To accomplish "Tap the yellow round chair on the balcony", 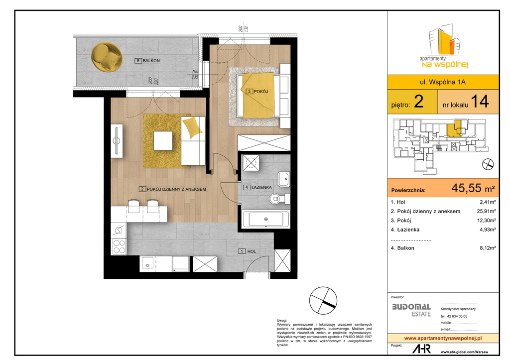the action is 107,57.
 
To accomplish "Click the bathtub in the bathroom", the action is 266,219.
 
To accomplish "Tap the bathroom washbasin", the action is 284,179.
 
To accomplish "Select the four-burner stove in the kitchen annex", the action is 119,246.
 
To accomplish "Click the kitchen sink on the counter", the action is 148,264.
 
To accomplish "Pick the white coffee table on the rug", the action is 163,140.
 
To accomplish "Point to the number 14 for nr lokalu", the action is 480,101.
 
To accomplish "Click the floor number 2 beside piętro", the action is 418,102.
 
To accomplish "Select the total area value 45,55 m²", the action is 473,188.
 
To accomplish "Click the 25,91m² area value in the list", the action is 486,211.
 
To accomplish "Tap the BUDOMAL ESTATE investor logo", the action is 411,310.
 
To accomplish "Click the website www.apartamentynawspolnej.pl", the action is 443,338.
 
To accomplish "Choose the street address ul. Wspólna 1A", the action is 443,82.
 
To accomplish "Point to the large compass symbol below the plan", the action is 323,300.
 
